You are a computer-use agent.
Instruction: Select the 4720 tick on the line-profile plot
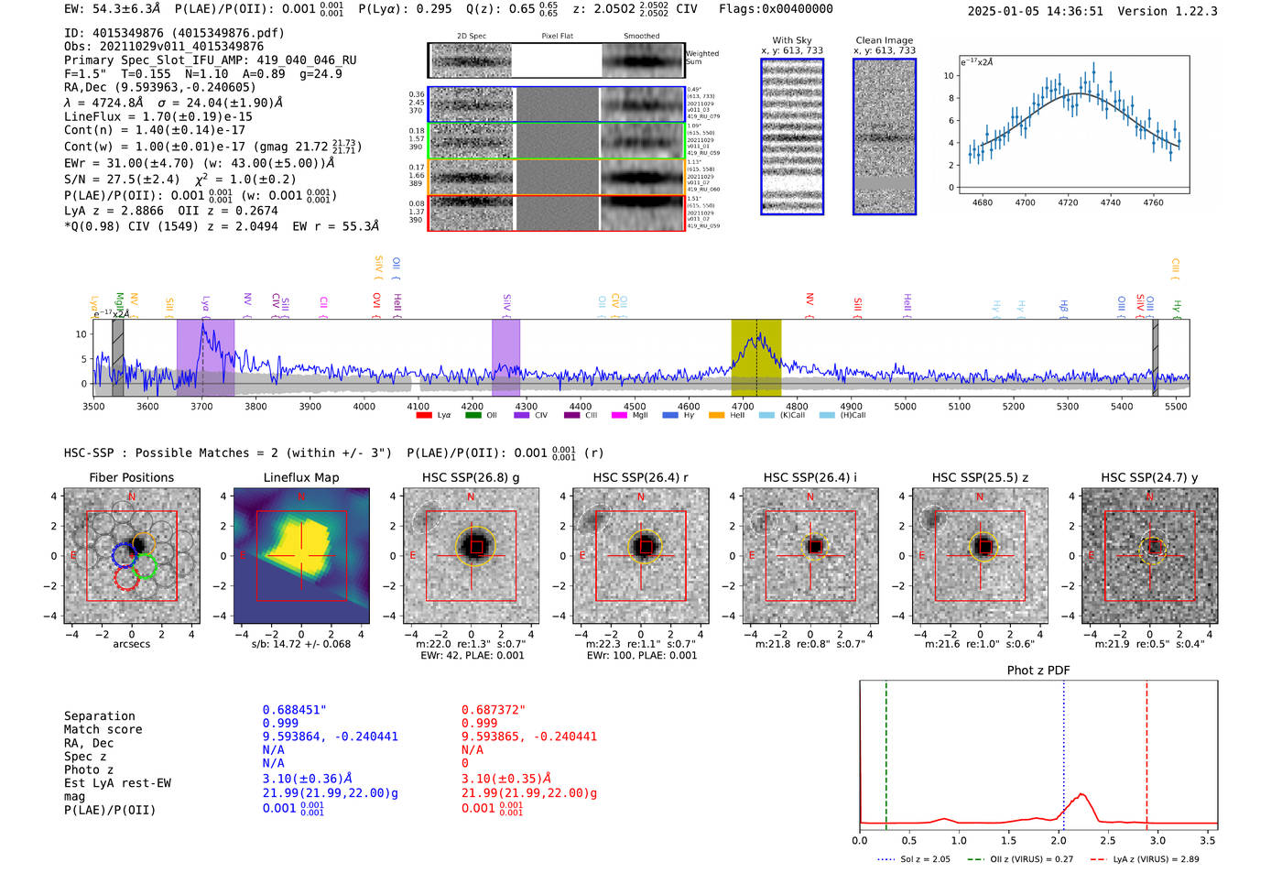(x=1068, y=202)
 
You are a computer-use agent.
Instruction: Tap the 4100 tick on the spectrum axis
(x=418, y=406)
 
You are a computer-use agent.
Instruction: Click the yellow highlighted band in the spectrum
(x=755, y=357)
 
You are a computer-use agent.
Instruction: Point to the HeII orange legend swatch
(x=716, y=415)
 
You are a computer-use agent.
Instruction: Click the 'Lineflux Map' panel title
(x=301, y=477)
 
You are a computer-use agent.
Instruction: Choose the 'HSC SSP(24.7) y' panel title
(x=1149, y=477)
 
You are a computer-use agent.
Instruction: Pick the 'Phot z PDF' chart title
(x=1038, y=670)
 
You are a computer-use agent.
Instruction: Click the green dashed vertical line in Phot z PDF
(x=886, y=751)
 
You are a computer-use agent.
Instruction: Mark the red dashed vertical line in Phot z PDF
(x=1146, y=751)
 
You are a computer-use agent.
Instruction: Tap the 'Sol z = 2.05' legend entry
(x=925, y=859)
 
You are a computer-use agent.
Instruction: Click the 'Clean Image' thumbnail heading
(x=884, y=40)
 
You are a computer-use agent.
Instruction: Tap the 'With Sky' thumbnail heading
(x=791, y=40)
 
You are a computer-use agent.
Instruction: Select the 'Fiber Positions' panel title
(x=131, y=477)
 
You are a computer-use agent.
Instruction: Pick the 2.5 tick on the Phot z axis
(x=1108, y=840)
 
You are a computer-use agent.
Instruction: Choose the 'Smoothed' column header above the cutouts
(x=641, y=37)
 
